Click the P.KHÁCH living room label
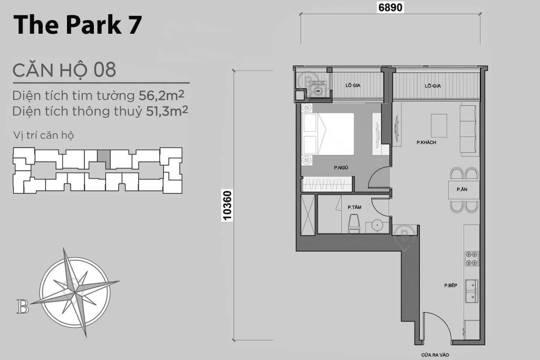(426, 142)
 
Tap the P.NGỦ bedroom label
(341, 168)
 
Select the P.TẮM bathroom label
(354, 207)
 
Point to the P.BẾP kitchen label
(450, 285)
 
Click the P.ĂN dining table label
(462, 189)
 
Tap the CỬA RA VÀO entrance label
(435, 355)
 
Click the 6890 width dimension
(390, 7)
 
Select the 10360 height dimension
(227, 206)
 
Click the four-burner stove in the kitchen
(472, 258)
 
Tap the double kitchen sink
(472, 291)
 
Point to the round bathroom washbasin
(378, 226)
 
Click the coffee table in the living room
(439, 125)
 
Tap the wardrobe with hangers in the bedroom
(327, 184)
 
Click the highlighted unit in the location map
(104, 158)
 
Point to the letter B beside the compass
(23, 306)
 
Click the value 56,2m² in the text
(161, 95)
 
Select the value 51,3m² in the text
(167, 111)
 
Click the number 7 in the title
(136, 25)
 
